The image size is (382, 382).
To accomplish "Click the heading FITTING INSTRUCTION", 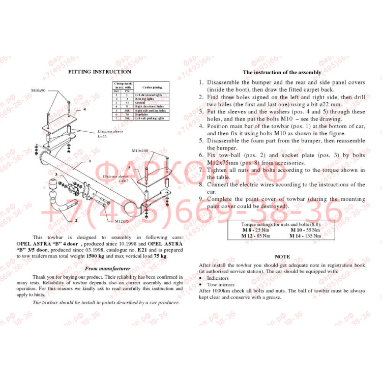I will (x=100, y=72).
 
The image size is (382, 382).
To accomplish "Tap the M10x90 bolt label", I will (x=38, y=90).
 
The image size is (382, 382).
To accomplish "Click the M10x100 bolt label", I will (x=140, y=151).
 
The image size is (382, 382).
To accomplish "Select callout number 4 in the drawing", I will (x=84, y=109).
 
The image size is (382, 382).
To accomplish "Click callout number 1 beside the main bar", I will (x=90, y=161).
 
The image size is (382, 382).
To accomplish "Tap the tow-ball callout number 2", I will (x=76, y=221).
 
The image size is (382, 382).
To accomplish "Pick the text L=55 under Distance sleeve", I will (x=102, y=136).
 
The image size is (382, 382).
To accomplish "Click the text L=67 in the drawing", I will (x=123, y=181).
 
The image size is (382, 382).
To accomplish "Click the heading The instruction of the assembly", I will (x=281, y=73).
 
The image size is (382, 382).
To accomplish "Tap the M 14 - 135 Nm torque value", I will (x=305, y=236).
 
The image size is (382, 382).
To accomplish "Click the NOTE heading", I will (x=282, y=257).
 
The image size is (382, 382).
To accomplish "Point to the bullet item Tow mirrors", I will (x=218, y=284).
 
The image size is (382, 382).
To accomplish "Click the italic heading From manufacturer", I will (x=107, y=268).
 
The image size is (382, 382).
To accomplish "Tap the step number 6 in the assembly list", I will (x=201, y=155).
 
